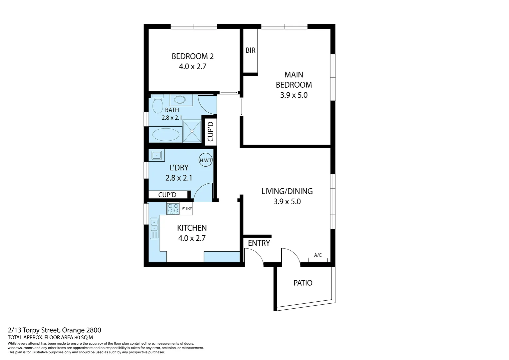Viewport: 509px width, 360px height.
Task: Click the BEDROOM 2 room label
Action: pyautogui.click(x=193, y=56)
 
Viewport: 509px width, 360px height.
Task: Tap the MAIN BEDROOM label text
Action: pyautogui.click(x=294, y=80)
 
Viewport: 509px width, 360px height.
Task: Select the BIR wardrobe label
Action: pyautogui.click(x=251, y=50)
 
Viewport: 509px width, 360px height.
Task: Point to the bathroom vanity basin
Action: pyautogui.click(x=181, y=100)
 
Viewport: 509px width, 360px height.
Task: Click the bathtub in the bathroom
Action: pyautogui.click(x=166, y=135)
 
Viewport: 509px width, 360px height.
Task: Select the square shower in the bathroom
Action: pyautogui.click(x=192, y=131)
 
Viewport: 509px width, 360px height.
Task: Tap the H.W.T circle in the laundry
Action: pyautogui.click(x=206, y=160)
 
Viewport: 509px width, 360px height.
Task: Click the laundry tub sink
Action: pyautogui.click(x=156, y=155)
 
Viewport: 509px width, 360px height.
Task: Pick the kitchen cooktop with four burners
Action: pyautogui.click(x=173, y=209)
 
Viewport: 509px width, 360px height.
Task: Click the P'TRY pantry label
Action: pyautogui.click(x=187, y=209)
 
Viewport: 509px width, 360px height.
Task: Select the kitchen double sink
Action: pyautogui.click(x=154, y=228)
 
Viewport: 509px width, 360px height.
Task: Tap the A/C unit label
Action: pyautogui.click(x=318, y=255)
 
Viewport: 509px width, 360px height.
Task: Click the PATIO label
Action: pyautogui.click(x=303, y=283)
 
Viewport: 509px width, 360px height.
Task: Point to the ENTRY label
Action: pyautogui.click(x=259, y=243)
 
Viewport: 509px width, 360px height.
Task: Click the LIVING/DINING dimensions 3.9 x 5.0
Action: pyautogui.click(x=287, y=201)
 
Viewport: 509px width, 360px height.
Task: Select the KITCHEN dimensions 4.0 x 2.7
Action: pyautogui.click(x=192, y=238)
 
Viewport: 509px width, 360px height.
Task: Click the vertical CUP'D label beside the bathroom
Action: pyautogui.click(x=210, y=132)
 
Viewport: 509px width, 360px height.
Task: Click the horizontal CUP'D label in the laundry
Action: pyautogui.click(x=167, y=195)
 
